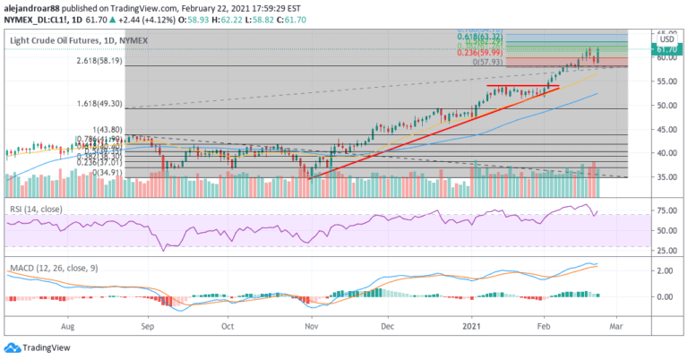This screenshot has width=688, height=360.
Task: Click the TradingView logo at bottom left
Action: point(35,347)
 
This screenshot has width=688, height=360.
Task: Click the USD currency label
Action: point(666,39)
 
